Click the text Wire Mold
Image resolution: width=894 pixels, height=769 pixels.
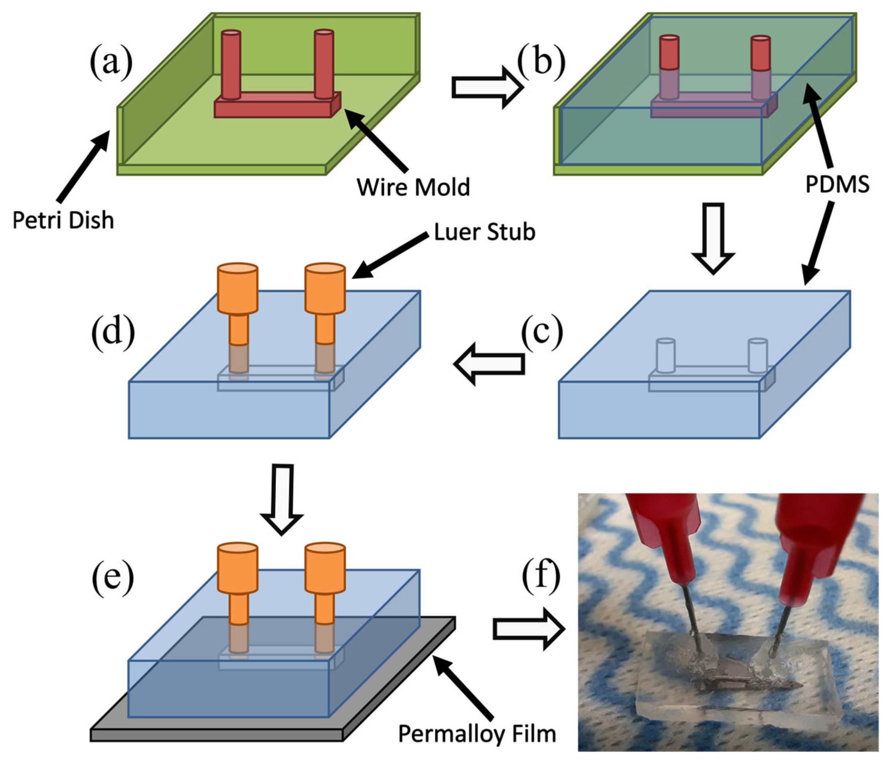coord(413,187)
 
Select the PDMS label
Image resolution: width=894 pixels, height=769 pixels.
coord(837,185)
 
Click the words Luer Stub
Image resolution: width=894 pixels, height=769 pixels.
coord(484,232)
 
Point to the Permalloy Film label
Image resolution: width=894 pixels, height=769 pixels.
coord(477,734)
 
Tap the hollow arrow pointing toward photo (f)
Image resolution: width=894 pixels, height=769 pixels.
coord(529,629)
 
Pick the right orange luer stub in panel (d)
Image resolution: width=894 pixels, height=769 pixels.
coord(325,302)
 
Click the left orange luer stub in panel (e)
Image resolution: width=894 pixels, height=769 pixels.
coord(237,583)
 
